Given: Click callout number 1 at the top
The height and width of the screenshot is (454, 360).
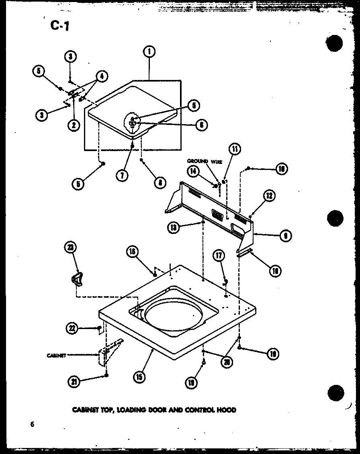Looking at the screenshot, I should coord(149,51).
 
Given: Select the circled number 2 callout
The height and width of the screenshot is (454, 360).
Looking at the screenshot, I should coord(74,125).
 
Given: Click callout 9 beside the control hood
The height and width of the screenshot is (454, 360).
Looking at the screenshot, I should coord(286,236).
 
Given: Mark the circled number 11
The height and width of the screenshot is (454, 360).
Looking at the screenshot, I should coord(234,149).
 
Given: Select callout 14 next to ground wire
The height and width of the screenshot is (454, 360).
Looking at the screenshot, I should coord(193,171).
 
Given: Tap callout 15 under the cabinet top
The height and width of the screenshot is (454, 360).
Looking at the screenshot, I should coord(140,377).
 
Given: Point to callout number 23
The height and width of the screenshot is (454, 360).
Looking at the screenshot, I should coord(70,248).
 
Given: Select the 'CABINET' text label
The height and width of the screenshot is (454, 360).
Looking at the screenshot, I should coord(56,355).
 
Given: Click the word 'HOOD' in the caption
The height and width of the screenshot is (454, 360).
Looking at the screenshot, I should coord(227,410).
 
